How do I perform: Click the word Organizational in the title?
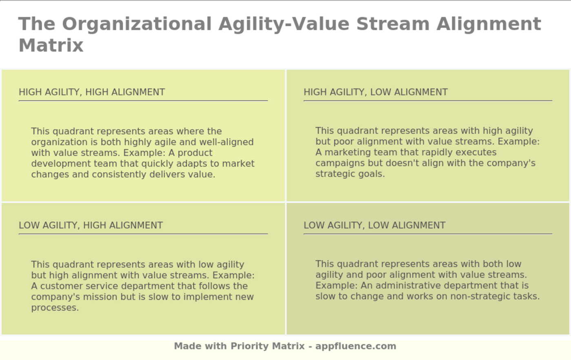pyautogui.click(x=137, y=24)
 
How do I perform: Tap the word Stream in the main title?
pyautogui.click(x=393, y=24)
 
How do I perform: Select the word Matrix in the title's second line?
pyautogui.click(x=51, y=45)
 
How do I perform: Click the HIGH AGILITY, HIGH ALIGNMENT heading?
pyautogui.click(x=92, y=92)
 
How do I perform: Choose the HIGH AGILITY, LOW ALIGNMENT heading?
pyautogui.click(x=376, y=92)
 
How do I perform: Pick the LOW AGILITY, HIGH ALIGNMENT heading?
pyautogui.click(x=91, y=225)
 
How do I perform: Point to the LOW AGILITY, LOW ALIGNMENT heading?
pyautogui.click(x=374, y=225)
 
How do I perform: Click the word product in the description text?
pyautogui.click(x=195, y=153)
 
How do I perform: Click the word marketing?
pyautogui.click(x=347, y=153)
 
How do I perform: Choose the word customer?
pyautogui.click(x=61, y=286)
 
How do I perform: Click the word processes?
pyautogui.click(x=55, y=308)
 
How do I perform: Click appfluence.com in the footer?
pyautogui.click(x=356, y=346)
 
